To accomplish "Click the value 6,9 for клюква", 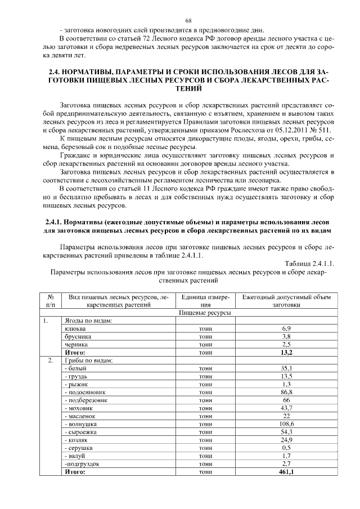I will pyautogui.click(x=286, y=328).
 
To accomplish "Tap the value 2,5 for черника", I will pyautogui.click(x=286, y=344).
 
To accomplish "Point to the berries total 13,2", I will pyautogui.click(x=286, y=352).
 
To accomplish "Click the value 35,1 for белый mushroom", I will pyautogui.click(x=286, y=368).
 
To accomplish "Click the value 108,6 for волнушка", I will pyautogui.click(x=286, y=424).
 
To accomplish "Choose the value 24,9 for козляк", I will pyautogui.click(x=286, y=439).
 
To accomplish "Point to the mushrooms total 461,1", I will pyautogui.click(x=286, y=472).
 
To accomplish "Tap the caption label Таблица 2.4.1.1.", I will pyautogui.click(x=309, y=263).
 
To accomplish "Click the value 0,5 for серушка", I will pyautogui.click(x=286, y=448).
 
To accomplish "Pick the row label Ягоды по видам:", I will pyautogui.click(x=89, y=320).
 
